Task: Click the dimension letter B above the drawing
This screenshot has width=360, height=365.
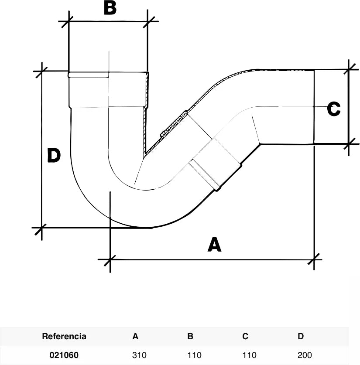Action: coord(110,8)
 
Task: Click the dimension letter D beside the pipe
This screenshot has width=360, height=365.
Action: coord(54,155)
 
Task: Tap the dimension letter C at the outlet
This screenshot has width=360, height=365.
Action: coord(334,109)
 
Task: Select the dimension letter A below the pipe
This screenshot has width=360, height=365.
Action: coord(214,244)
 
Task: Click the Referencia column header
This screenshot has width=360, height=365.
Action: coord(64,336)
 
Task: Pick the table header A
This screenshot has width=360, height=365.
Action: coord(135,336)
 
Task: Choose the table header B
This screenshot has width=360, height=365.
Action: coord(190,336)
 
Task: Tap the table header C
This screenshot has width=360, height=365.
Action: coord(245,336)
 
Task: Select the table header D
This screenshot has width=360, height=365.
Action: coord(301,336)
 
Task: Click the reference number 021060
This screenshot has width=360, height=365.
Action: coord(64,355)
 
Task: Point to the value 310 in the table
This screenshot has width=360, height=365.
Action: coord(139,355)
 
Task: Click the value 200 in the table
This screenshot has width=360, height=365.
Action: coord(305,355)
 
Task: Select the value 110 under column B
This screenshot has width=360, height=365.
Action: coord(195,355)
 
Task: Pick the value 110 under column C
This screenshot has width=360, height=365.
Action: coord(250,355)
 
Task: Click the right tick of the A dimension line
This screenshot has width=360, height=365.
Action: coord(314,259)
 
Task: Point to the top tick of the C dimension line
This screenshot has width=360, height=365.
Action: coord(349,69)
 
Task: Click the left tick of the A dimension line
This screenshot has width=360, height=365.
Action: coord(110,259)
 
